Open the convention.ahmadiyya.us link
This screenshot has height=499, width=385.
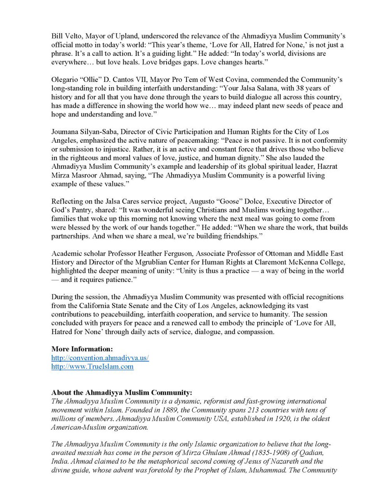pyautogui.click(x=100, y=357)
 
